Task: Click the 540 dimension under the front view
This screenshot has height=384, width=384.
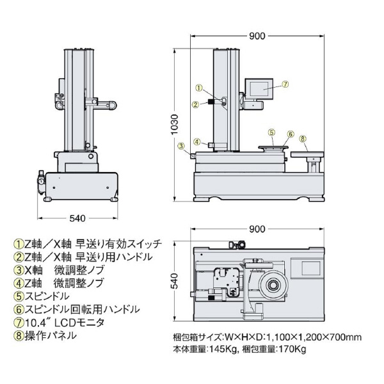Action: click(x=77, y=218)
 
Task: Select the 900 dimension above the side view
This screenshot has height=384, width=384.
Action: click(x=257, y=36)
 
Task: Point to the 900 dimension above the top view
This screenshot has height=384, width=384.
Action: click(x=257, y=229)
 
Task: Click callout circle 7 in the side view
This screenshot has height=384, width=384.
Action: click(x=285, y=84)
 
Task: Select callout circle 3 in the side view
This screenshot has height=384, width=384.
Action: click(x=182, y=147)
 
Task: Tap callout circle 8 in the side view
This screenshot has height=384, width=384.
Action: click(x=303, y=138)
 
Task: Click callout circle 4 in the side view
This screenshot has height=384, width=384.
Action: click(x=198, y=142)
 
